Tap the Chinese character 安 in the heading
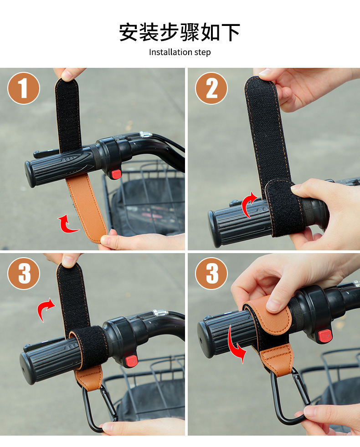[129, 32]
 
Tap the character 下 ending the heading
[231, 32]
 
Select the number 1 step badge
[24, 88]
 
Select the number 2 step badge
[211, 88]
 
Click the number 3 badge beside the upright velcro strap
[24, 274]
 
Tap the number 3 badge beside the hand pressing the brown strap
[211, 274]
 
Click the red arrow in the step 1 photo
[67, 225]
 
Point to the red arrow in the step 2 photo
[247, 204]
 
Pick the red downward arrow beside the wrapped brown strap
[235, 345]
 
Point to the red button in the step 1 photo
[116, 174]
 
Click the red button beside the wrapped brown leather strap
[324, 336]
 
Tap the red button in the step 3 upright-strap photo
[132, 361]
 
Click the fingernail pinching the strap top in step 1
[67, 75]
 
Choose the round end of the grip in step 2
[214, 228]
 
